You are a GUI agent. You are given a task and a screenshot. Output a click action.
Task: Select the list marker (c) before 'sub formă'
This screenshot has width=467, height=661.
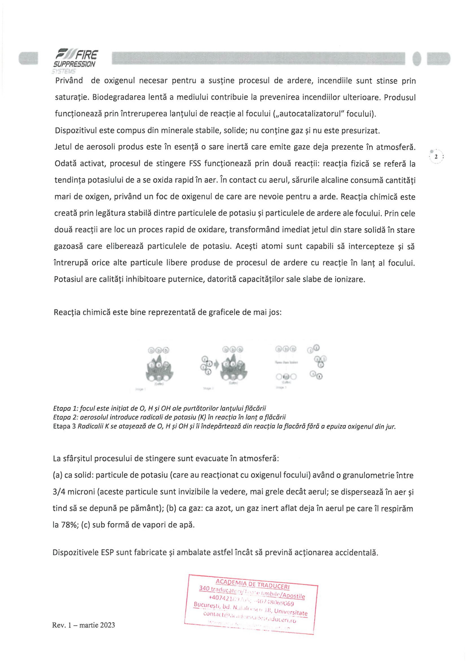click(x=85, y=525)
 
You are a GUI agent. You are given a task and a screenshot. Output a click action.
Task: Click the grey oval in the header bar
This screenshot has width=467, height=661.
click(x=416, y=58)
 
